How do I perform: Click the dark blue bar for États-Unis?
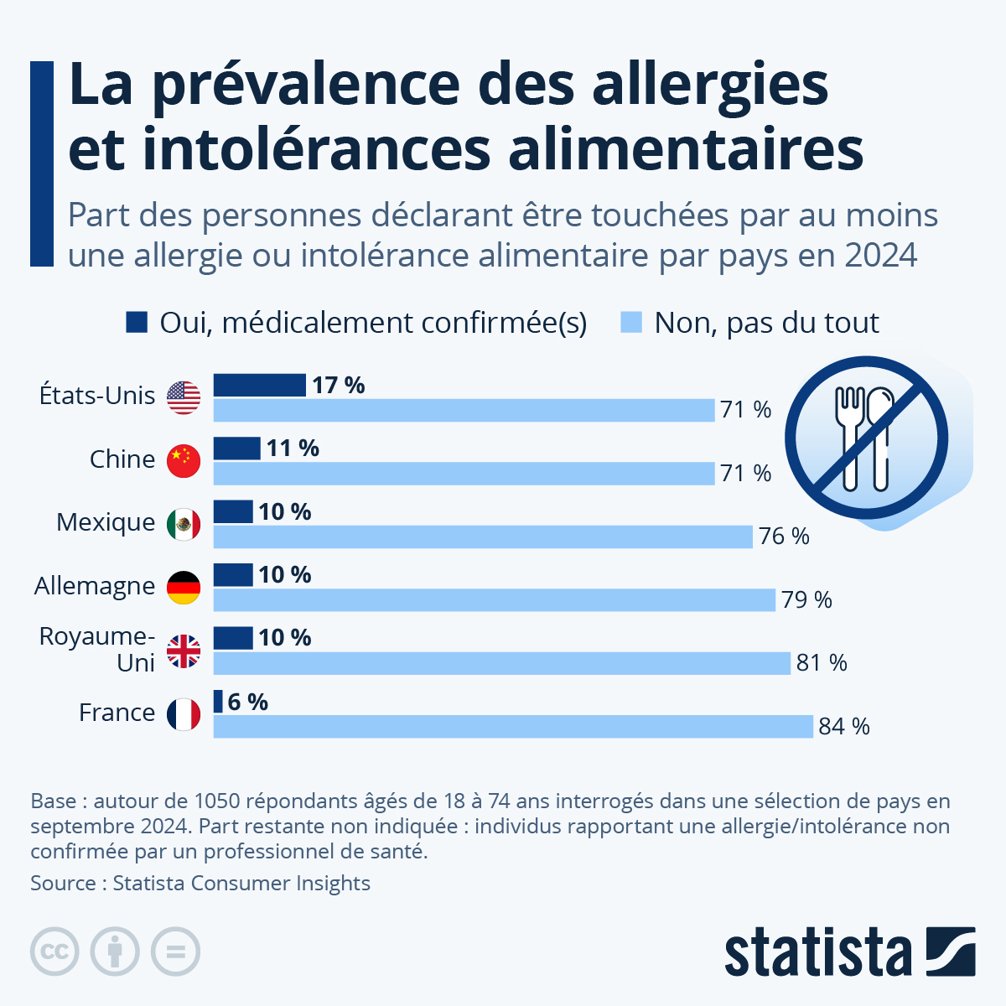[x=259, y=386]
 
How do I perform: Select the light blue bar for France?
[x=513, y=726]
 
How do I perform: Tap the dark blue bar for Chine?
[x=237, y=449]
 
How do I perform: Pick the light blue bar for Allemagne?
[x=495, y=600]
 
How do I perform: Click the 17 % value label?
[x=339, y=386]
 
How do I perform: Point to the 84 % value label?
[x=844, y=727]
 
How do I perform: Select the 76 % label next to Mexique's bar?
[x=784, y=537]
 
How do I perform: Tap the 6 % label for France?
[x=248, y=703]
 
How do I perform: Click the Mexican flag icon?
[x=184, y=524]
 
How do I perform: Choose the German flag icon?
[x=184, y=588]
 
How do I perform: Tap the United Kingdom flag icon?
[x=184, y=651]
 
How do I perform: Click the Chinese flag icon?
[x=184, y=461]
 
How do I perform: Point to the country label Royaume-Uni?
[x=97, y=650]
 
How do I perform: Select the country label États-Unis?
[x=97, y=396]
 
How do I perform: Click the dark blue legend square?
[x=137, y=322]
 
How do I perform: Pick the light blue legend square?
[x=631, y=322]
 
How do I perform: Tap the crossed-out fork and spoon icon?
[x=867, y=438]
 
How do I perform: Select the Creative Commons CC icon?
[x=54, y=952]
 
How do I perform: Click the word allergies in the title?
[x=711, y=86]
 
